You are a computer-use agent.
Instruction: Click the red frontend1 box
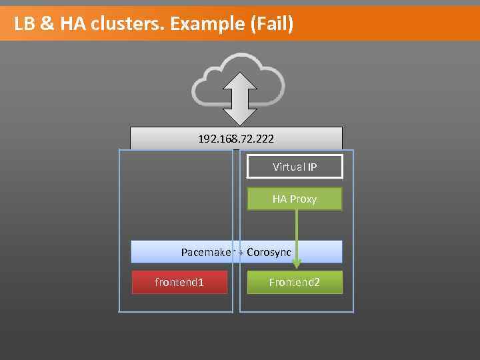[x=179, y=283]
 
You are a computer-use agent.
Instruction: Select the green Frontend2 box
[x=295, y=283]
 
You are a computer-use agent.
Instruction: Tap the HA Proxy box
[x=295, y=199]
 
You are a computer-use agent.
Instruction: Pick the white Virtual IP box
[x=295, y=167]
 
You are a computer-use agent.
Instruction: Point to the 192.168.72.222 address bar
[x=236, y=139]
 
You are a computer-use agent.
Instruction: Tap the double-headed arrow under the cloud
[x=238, y=98]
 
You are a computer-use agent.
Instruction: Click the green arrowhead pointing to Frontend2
[x=297, y=264]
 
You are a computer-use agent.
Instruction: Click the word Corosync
[x=269, y=252]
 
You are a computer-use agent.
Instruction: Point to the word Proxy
[x=303, y=199]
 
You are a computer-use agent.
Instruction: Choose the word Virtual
[x=288, y=167]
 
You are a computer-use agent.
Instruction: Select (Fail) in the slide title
[x=271, y=24]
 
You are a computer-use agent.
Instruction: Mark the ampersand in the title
[x=47, y=24]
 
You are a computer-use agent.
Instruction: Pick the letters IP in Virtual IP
[x=312, y=167]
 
